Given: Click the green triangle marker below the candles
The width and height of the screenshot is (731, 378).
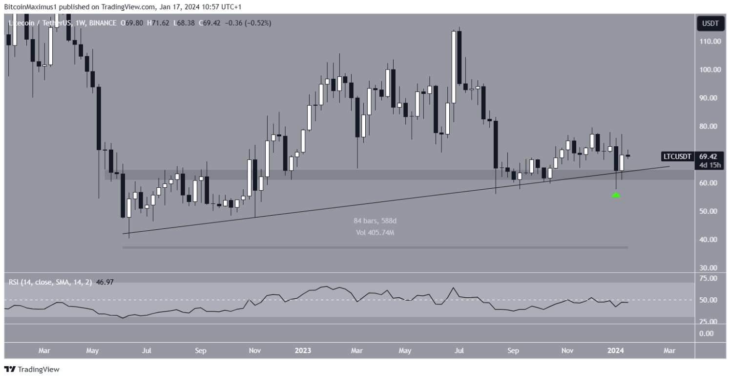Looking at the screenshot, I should (x=616, y=195).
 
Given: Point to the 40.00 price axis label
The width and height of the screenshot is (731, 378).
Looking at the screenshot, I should (x=709, y=240).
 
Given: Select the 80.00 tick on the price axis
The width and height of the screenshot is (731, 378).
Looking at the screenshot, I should (x=709, y=126).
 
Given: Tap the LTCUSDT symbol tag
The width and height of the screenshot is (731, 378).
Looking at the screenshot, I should (x=677, y=156).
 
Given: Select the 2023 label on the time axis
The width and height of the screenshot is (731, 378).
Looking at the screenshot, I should (x=303, y=351).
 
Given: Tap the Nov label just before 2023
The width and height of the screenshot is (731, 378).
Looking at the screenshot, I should (x=255, y=351).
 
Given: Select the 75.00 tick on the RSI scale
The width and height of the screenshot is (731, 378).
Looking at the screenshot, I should (x=709, y=278).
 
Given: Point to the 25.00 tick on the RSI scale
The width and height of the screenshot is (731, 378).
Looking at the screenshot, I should (x=709, y=322).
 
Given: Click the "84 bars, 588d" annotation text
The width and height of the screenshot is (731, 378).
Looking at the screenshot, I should (x=375, y=221).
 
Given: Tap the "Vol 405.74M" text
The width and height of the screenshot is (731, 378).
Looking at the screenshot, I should (x=375, y=233).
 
